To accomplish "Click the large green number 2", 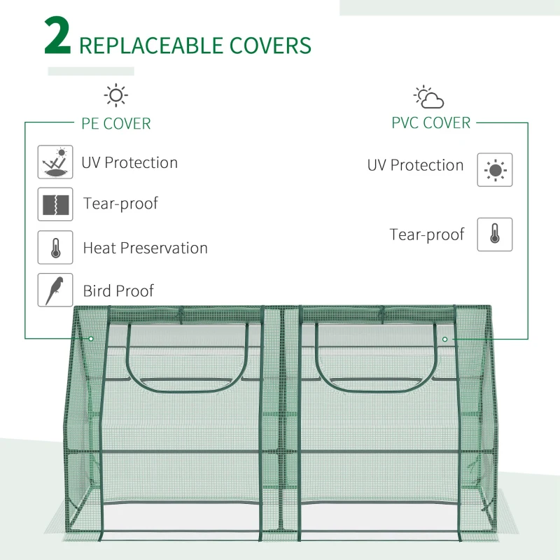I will pos(57,38).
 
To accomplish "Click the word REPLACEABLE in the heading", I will pos(150,45).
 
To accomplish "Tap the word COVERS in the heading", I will pos(269,45).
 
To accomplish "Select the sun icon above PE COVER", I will pos(115,94).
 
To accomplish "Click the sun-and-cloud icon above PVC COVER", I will pos(428,97).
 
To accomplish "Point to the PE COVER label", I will pos(116,124).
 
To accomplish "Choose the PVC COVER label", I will pos(430,123).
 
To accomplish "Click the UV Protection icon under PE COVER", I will pos(55,162).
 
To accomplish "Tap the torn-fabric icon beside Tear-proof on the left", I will pos(55,204).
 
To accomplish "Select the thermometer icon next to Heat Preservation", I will pos(55,248).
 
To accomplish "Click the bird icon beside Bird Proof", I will pos(55,290).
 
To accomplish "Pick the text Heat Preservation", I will pos(145,248).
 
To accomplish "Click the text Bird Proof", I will pos(118,290).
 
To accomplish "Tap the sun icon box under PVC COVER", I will pos(495,169).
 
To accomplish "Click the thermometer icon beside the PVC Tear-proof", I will pos(495,234).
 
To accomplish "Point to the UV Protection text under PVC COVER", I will pos(415,165).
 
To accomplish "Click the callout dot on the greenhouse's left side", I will pos(91,339).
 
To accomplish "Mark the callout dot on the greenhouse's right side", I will pos(444,339).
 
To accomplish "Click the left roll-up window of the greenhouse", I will pos(187,357).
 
